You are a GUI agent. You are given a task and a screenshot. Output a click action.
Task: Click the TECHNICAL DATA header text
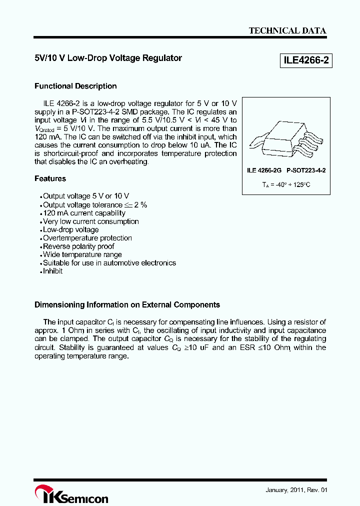coord(287,30)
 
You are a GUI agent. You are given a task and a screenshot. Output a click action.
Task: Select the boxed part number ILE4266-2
coord(305,61)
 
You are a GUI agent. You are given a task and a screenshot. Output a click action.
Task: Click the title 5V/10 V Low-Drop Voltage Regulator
coord(108,58)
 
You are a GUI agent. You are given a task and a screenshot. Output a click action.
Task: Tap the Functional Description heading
coord(75,86)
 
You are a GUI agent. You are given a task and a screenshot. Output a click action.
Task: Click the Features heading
coord(50,178)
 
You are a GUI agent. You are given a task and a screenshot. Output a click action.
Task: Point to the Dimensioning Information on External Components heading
coord(127,304)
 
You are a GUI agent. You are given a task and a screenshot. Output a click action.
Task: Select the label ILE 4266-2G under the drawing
coord(264,170)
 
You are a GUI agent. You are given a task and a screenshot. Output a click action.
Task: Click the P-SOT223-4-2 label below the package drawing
coord(306,170)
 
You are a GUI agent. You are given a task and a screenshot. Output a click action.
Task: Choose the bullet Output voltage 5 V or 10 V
coord(86,196)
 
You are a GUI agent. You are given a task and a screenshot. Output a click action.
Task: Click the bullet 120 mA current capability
coord(84,213)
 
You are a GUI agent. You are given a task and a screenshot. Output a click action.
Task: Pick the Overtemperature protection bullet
coord(87,238)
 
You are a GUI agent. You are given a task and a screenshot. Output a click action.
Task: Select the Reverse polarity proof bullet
coord(78,246)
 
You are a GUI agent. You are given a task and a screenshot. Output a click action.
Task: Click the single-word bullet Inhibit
coord(52,271)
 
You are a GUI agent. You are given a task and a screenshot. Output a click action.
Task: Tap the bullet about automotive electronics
coord(109,263)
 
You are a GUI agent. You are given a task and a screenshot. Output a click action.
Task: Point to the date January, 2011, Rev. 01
coord(296,490)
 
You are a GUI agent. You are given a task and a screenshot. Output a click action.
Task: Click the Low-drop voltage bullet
coord(70,230)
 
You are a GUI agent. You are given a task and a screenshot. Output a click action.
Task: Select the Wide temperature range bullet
coord(82,254)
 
